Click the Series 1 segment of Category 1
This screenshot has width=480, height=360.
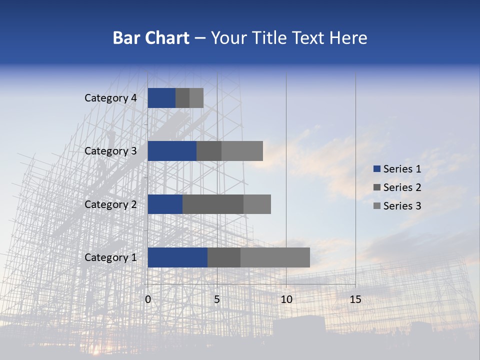coord(177,257)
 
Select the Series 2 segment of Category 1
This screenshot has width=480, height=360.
coord(224,257)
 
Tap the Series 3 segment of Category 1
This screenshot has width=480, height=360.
coord(275,257)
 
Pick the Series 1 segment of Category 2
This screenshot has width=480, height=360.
coord(165,204)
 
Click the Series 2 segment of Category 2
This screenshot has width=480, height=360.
coord(213,204)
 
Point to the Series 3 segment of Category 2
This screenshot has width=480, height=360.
coord(257,204)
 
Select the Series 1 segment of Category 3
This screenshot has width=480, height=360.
coord(172,151)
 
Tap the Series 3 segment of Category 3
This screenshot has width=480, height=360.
coord(242,151)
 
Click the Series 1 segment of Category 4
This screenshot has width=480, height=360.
coord(161,98)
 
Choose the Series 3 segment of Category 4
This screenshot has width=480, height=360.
coord(196,98)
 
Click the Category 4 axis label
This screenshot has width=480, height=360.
coord(110,98)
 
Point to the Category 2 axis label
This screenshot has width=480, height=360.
coord(110,204)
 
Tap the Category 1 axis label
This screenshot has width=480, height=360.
coord(110,257)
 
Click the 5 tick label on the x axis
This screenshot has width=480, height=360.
coord(217,299)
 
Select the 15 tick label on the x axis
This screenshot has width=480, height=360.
coord(355,299)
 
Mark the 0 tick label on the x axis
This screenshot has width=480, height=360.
coord(148,299)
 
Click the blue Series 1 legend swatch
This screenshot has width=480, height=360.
coord(377,169)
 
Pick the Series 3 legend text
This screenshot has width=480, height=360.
coord(402,206)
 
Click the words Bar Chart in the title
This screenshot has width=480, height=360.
coord(151,38)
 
